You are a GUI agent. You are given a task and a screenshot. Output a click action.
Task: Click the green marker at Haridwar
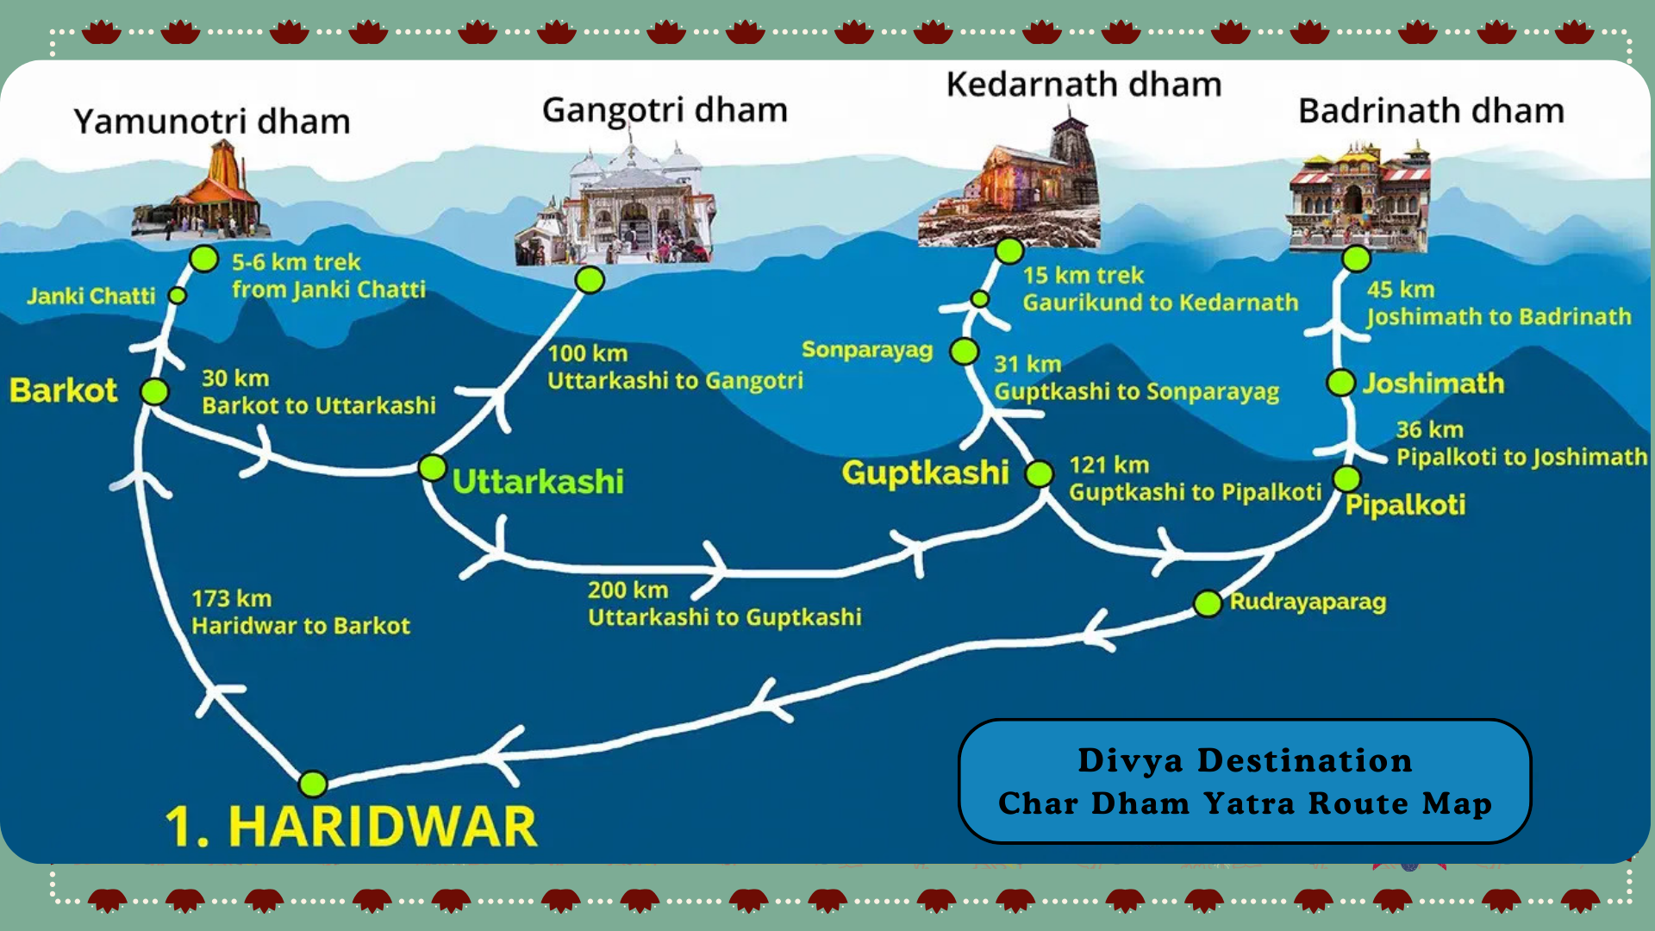point(313,784)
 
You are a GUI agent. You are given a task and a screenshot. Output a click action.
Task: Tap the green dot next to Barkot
point(155,391)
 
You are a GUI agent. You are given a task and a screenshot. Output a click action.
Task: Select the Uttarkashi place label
point(537,481)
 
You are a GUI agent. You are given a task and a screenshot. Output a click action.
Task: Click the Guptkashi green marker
point(1040,473)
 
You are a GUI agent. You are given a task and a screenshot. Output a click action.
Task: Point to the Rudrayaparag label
point(1308,601)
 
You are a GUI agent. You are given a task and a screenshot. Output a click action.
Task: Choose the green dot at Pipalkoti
point(1346,478)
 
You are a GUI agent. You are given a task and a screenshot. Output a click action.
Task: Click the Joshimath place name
point(1433,383)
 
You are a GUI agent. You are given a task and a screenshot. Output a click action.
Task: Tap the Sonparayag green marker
point(964,352)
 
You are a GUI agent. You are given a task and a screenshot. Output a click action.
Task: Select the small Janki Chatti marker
point(178,296)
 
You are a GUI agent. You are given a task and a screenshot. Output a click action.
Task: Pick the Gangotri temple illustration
point(616,207)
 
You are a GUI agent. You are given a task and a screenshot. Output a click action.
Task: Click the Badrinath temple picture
point(1358,198)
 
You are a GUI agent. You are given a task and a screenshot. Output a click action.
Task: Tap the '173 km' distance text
point(231,598)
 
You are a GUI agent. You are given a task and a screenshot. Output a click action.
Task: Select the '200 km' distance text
point(628,590)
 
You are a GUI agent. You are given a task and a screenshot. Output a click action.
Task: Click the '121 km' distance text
point(1109,465)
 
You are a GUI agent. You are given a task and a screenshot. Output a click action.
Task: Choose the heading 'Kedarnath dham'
point(1084,84)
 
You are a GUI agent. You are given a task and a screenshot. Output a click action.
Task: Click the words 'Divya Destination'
point(1245,760)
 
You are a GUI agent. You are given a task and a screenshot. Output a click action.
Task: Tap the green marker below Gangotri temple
point(590,280)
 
